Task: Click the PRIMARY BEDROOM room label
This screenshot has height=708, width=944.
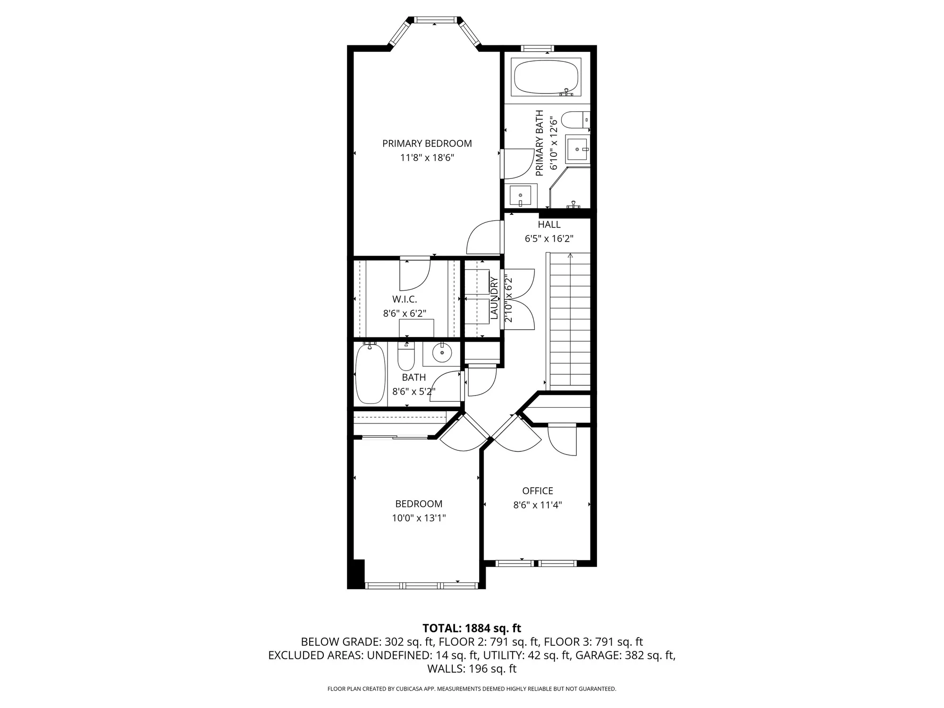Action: (427, 143)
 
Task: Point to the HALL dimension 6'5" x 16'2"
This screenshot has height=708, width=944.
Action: (549, 239)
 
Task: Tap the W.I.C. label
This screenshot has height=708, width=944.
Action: (405, 300)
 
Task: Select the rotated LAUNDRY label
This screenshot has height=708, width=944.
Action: (494, 298)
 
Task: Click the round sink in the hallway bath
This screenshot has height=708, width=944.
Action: (442, 353)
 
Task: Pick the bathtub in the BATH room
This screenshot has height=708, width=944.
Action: (370, 374)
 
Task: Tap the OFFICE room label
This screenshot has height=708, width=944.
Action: (538, 491)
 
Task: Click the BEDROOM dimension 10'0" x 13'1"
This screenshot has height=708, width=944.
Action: (419, 518)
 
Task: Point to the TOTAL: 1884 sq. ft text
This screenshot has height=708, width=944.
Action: (472, 628)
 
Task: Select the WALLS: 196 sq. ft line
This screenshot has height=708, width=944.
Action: (472, 669)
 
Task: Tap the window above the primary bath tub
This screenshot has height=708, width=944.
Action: (537, 48)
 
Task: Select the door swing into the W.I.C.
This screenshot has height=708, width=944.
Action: (414, 275)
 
